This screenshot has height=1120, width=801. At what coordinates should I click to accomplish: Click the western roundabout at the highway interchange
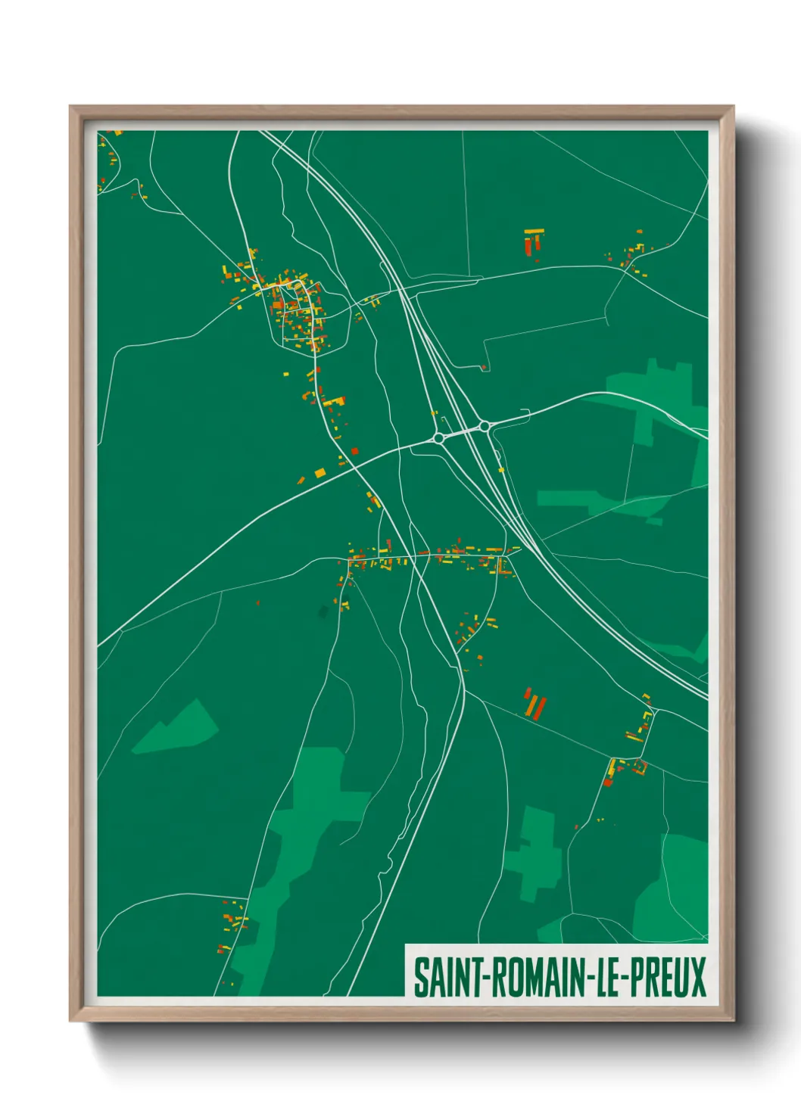pos(438,437)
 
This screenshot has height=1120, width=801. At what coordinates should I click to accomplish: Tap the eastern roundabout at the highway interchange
pos(485,426)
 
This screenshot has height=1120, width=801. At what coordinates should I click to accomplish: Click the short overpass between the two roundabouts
pos(462,432)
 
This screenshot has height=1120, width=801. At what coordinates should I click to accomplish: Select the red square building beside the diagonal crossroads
pos(354,452)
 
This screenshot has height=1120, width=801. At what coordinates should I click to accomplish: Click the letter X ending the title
pos(697,977)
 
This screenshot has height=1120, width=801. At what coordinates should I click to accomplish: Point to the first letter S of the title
pos(419,977)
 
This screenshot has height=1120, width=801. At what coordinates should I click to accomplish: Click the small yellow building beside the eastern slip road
pos(501,470)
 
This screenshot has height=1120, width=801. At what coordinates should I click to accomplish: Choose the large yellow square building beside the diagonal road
pos(319,473)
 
